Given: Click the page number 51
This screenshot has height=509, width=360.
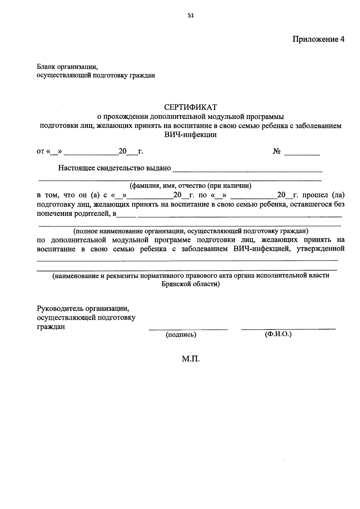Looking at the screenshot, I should pyautogui.click(x=191, y=16).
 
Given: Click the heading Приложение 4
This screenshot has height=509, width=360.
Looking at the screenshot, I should pyautogui.click(x=318, y=39).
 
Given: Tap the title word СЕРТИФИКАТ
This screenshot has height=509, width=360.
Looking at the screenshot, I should pyautogui.click(x=190, y=107).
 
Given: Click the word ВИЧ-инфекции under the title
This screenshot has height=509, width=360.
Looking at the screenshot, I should pyautogui.click(x=190, y=135).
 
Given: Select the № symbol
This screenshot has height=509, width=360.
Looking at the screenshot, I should pyautogui.click(x=277, y=152).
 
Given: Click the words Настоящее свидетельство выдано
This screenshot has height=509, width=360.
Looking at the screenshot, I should pyautogui.click(x=114, y=168).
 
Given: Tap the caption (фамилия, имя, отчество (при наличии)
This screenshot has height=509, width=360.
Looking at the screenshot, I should pyautogui.click(x=190, y=186).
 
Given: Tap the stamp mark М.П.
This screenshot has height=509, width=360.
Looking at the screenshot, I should pyautogui.click(x=190, y=359).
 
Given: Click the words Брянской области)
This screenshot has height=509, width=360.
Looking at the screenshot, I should pyautogui.click(x=190, y=284).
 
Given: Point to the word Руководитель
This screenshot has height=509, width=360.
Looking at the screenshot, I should pyautogui.click(x=60, y=309).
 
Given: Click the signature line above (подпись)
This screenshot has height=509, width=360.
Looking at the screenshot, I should pyautogui.click(x=188, y=330).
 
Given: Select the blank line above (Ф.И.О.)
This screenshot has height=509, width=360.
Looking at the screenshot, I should pyautogui.click(x=288, y=330).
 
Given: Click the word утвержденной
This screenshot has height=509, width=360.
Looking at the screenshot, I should pyautogui.click(x=320, y=249).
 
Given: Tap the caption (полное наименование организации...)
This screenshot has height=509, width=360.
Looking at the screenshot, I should pyautogui.click(x=191, y=231).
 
